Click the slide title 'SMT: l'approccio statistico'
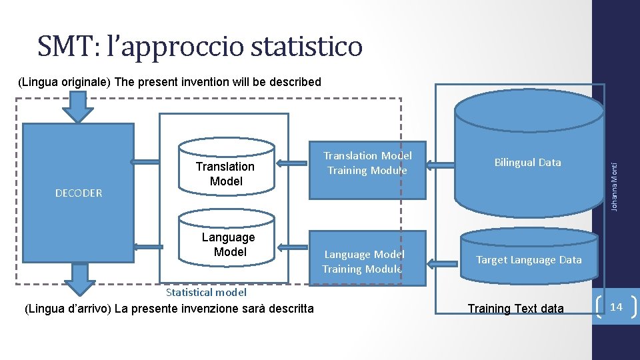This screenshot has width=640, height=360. [200, 47]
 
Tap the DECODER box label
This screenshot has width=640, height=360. [79, 193]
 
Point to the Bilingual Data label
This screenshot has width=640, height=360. [527, 163]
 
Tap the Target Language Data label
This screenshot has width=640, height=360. [529, 260]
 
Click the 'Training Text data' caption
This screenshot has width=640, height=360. [515, 309]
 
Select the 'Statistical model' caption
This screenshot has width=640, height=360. [206, 292]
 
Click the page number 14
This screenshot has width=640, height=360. [616, 307]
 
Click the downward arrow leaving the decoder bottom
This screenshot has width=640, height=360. [79, 279]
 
